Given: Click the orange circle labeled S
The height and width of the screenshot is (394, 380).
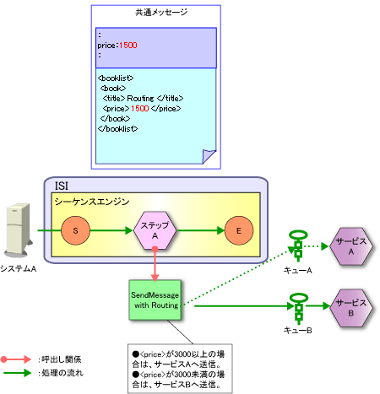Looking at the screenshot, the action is coord(75,230).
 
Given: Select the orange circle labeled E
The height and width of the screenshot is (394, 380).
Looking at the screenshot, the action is coord(239,230).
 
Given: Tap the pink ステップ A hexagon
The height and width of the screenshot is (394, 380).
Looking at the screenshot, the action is coord(155,230).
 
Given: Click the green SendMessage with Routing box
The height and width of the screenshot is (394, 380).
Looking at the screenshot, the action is coord(155,300).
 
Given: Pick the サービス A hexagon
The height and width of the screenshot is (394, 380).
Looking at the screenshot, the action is coord(351,246).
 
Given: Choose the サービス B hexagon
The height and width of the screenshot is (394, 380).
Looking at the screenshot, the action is coord(351,308).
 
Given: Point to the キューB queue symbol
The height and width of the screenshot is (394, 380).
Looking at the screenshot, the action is coord(298,308).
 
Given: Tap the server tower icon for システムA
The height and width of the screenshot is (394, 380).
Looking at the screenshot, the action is coord(19,229).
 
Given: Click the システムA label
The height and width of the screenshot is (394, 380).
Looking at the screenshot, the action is coord(19,269).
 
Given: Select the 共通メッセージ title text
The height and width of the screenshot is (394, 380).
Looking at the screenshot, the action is coord(161,12).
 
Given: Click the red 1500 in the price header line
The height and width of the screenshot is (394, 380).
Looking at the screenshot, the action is coord(128,46).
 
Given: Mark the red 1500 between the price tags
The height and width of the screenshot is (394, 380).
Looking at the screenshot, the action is coord(140,108).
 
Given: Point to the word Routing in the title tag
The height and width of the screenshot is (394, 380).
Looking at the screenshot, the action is coord(140,99).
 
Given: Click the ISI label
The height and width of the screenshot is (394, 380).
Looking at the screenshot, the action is coord(62,186).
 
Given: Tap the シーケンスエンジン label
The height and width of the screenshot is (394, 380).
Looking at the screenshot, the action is coord(92,202).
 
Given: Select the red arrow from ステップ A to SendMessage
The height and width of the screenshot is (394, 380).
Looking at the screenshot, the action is coord(155,263).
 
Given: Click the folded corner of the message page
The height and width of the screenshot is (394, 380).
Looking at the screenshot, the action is coord(209,156).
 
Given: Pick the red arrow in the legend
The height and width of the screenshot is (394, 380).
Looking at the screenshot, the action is coord(16,359).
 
